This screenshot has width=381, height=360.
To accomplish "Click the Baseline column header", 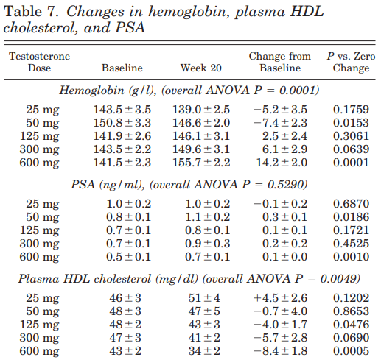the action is [x=122, y=68].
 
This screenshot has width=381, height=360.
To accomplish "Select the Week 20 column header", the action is [x=201, y=68].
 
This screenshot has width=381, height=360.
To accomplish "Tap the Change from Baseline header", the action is [x=280, y=62].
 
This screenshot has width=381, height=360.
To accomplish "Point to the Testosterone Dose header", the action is [x=40, y=62].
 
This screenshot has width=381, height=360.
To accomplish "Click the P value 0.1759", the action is [x=351, y=110].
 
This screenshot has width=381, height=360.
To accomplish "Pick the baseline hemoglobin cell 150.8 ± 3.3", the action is [x=122, y=123].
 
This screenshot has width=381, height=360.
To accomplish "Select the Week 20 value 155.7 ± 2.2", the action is [x=201, y=163].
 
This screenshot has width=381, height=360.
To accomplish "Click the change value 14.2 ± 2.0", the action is [x=282, y=163].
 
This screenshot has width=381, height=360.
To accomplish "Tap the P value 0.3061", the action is [x=351, y=136].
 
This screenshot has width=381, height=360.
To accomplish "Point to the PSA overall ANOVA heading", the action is [x=189, y=184].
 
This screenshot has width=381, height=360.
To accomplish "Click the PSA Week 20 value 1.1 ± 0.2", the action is [x=208, y=217].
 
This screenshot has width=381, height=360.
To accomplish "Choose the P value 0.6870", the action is [x=351, y=204].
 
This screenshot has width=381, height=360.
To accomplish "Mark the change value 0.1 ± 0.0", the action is [x=284, y=257].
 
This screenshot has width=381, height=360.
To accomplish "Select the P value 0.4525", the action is [x=351, y=244].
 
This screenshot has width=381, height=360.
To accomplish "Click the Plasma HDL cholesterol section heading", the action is [x=189, y=279].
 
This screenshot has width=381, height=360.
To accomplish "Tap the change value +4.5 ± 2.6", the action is [x=280, y=298].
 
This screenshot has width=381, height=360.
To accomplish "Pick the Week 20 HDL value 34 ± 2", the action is [x=204, y=351].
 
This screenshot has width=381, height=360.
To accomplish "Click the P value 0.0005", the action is [x=351, y=351].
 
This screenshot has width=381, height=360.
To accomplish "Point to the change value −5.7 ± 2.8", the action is [x=280, y=338].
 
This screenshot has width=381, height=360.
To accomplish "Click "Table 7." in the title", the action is [x=32, y=11].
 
